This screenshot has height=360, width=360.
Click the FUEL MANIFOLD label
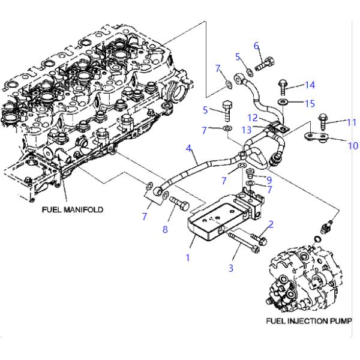[x=73, y=209]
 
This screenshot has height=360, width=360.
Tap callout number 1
[x=188, y=258]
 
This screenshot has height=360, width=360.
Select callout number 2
[x=271, y=224]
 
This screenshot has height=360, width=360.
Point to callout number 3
[x=230, y=268]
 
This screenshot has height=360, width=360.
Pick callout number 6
[x=256, y=46]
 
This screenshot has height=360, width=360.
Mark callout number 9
[x=269, y=179]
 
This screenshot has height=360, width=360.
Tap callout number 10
[x=353, y=145]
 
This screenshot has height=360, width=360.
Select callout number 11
[x=352, y=122]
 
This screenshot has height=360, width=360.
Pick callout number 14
[x=310, y=85]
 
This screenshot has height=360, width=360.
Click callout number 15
[x=310, y=103]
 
